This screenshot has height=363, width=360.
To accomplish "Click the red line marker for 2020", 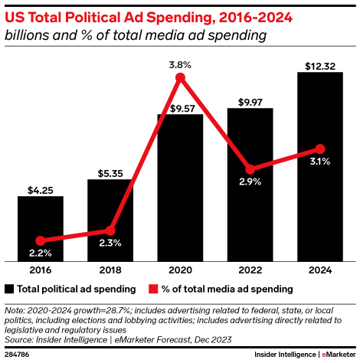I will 180,78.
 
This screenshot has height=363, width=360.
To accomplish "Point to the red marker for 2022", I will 250,168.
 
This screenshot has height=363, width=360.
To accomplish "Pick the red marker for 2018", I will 110,230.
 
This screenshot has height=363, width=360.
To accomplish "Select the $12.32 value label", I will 319,64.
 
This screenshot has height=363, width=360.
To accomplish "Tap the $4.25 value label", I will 40,188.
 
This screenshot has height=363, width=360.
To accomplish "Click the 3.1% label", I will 320,162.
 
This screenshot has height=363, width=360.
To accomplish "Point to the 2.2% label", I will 40,253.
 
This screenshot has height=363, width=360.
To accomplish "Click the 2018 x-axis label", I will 110,270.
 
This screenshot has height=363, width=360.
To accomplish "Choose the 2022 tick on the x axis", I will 250,270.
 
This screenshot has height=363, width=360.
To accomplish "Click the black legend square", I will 9,289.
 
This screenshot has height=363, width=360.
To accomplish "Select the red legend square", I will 154,289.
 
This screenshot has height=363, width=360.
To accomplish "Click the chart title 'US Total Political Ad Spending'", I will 122,15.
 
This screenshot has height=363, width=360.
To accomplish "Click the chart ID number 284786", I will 16,355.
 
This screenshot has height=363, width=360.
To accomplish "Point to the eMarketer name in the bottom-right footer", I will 339,355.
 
